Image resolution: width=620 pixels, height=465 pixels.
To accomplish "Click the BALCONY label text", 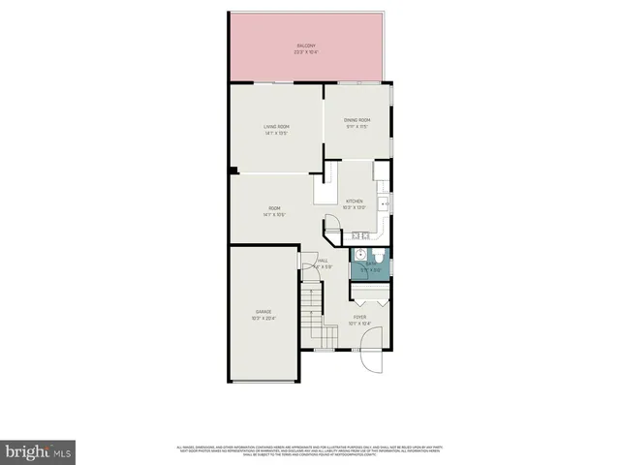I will (x=305, y=46).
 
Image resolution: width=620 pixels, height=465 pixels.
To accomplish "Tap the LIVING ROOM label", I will (x=277, y=127).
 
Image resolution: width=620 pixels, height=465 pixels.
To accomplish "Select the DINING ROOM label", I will (x=357, y=120).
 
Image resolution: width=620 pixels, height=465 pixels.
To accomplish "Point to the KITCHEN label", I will (x=355, y=201).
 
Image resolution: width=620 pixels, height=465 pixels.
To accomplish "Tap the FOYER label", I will (x=359, y=318).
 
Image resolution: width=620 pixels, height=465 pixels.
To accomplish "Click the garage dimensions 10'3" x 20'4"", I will (x=263, y=318).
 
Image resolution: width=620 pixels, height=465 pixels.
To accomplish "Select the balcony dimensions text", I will (x=305, y=52).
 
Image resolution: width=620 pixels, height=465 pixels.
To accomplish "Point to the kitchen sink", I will (x=359, y=235).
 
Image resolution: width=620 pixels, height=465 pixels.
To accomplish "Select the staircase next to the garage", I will (x=311, y=315).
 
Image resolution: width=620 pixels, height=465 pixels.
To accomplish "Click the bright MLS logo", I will (x=38, y=451).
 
